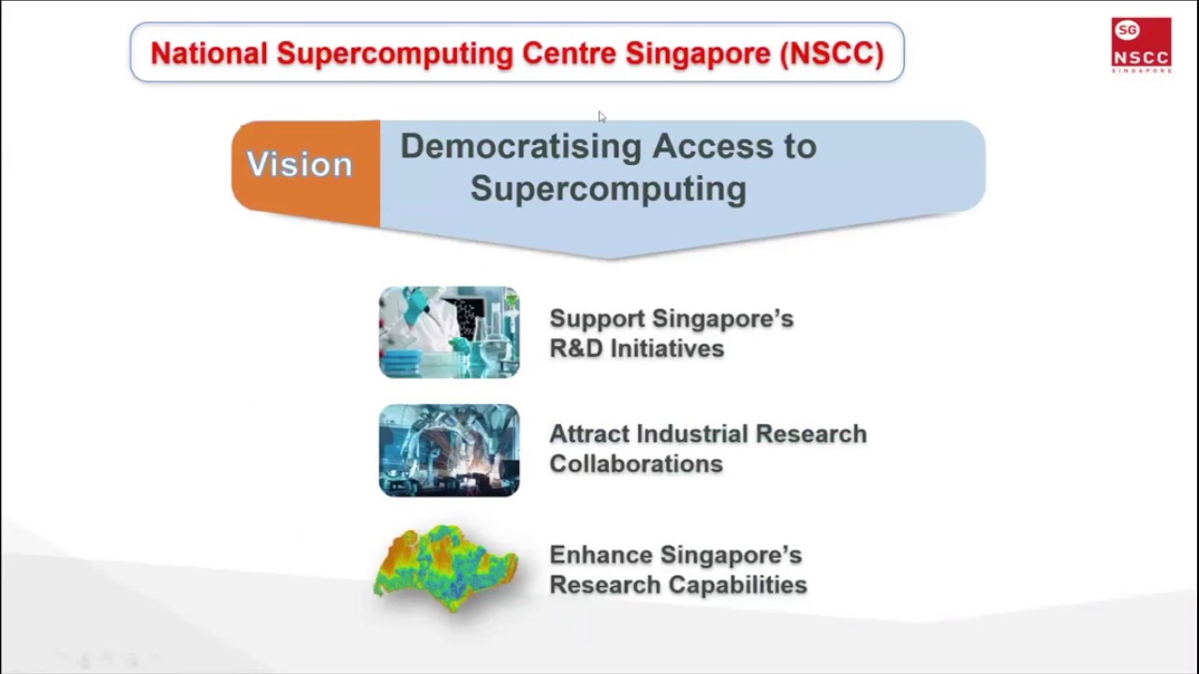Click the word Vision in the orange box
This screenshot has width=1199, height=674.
point(300,165)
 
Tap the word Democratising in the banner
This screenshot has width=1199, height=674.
point(520,147)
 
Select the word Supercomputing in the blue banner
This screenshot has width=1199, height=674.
point(608,188)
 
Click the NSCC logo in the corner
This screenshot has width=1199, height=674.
point(1141,45)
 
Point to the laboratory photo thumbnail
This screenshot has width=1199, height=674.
point(449,332)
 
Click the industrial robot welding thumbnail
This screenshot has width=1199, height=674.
point(449,450)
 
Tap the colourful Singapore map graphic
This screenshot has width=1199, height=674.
point(446,567)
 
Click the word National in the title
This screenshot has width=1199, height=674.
point(209,53)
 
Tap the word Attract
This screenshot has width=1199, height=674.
point(588,434)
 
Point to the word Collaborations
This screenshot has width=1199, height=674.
point(636,464)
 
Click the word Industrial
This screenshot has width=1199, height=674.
point(692,434)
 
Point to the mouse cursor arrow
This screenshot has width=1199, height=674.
point(601,117)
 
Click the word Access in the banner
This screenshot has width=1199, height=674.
point(707,147)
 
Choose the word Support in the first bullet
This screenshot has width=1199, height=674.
point(596,319)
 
